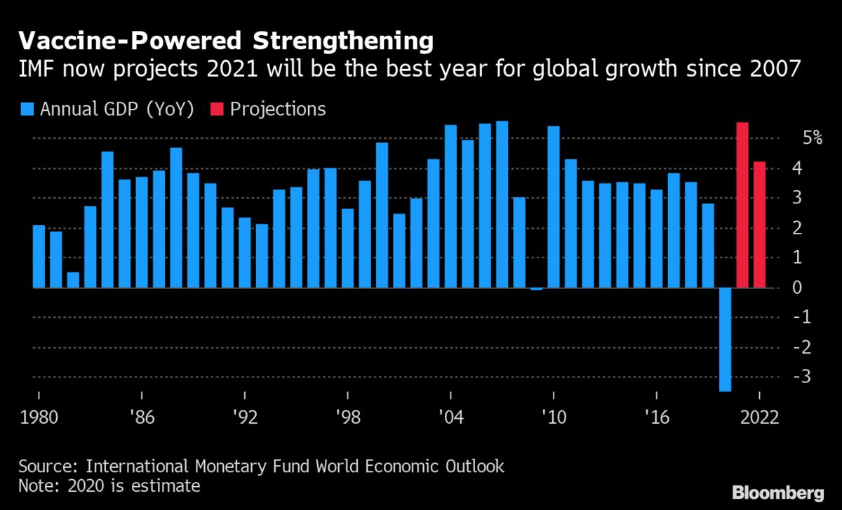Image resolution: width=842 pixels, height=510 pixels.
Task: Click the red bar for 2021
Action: coord(742,205)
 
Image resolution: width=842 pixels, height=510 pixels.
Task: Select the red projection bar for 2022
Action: coord(759,224)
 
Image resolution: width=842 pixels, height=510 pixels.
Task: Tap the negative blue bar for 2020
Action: coord(725,339)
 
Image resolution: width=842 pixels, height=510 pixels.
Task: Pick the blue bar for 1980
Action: coord(39,256)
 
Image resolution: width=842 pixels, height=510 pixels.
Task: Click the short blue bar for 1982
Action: coord(73,280)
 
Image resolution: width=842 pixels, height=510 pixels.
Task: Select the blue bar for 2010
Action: coord(554,207)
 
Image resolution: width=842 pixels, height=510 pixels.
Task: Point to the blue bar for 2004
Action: coord(450,206)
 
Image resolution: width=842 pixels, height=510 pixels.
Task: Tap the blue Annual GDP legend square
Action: coord(27,109)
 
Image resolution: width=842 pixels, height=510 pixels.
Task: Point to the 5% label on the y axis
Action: coord(813,137)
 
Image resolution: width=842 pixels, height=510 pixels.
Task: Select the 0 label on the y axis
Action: coord(817,288)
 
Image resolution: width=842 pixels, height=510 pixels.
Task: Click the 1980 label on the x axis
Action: coord(39,417)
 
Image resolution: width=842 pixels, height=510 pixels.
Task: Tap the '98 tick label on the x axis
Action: coord(347,417)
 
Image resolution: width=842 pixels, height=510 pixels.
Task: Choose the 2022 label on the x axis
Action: coord(759,417)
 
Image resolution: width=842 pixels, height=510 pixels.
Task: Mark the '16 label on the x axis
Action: coord(657,417)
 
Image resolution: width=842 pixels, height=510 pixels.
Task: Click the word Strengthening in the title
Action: coord(344,43)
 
